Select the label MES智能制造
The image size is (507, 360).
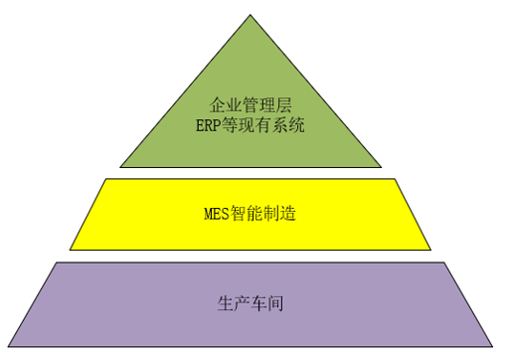click(x=251, y=214)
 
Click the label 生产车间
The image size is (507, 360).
click(x=251, y=303)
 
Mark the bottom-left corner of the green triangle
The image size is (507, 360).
click(x=120, y=166)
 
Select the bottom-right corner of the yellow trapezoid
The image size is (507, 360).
click(x=430, y=249)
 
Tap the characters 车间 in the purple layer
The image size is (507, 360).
click(x=265, y=303)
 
